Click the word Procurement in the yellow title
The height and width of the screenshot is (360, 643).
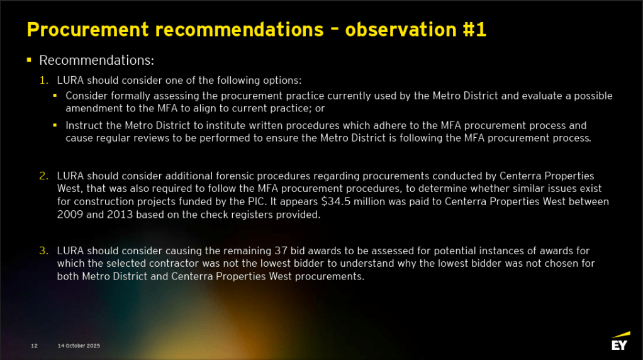(x=87, y=30)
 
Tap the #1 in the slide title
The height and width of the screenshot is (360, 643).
(x=474, y=30)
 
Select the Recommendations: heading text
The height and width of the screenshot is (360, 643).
(x=96, y=60)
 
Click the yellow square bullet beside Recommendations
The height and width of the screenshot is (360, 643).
(x=29, y=60)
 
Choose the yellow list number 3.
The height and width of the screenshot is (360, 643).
(x=44, y=250)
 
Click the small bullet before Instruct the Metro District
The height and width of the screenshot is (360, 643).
(x=55, y=125)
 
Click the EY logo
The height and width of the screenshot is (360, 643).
(x=620, y=341)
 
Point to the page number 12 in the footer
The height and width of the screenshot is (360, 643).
(x=35, y=346)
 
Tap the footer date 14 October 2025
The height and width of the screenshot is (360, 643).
(x=79, y=346)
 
